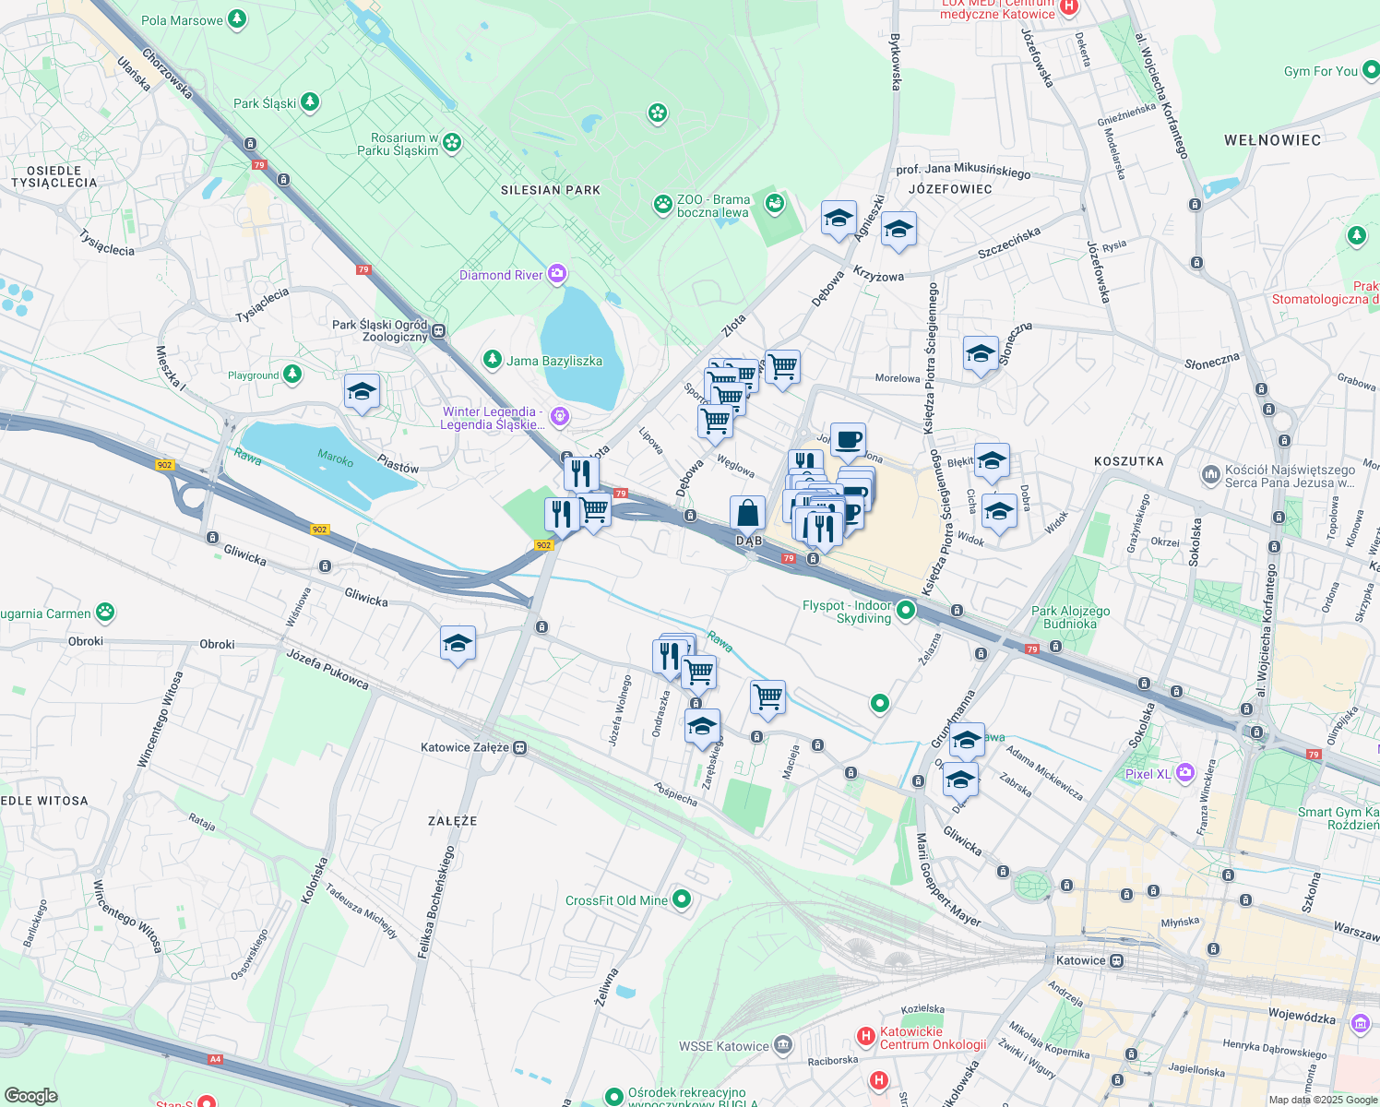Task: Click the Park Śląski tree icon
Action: [310, 102]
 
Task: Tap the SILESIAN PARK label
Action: [550, 190]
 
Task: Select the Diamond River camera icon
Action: [556, 274]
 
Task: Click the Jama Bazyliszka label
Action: [553, 361]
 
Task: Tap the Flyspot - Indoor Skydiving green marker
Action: [906, 610]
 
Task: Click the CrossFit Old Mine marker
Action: [682, 899]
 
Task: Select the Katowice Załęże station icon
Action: [520, 747]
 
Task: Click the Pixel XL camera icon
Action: [1185, 773]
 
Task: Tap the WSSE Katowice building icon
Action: [783, 1045]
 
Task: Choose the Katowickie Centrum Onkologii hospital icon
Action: [865, 1037]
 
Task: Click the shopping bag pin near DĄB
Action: [747, 513]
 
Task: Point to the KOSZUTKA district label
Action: [1128, 461]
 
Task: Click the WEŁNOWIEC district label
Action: [1272, 140]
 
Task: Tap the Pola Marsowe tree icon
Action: [237, 19]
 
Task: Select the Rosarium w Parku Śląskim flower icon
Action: [451, 142]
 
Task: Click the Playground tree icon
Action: [292, 374]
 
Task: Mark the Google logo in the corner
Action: [30, 1095]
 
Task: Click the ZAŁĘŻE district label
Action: [452, 820]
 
